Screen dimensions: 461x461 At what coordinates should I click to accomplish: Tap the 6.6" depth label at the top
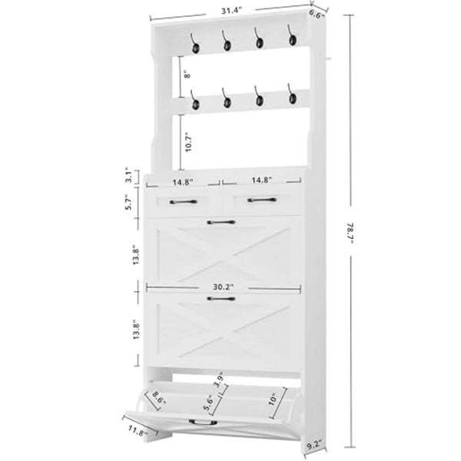point(317,14)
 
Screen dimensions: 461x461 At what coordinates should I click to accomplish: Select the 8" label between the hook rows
point(185,75)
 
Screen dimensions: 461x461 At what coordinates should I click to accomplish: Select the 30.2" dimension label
point(224,287)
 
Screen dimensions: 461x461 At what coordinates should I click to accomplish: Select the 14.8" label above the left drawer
point(182,183)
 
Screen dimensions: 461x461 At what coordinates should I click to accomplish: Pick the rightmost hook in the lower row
point(291,96)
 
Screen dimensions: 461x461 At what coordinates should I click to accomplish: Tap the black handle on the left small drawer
point(183,201)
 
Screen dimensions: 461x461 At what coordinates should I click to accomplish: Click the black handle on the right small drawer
point(261,201)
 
